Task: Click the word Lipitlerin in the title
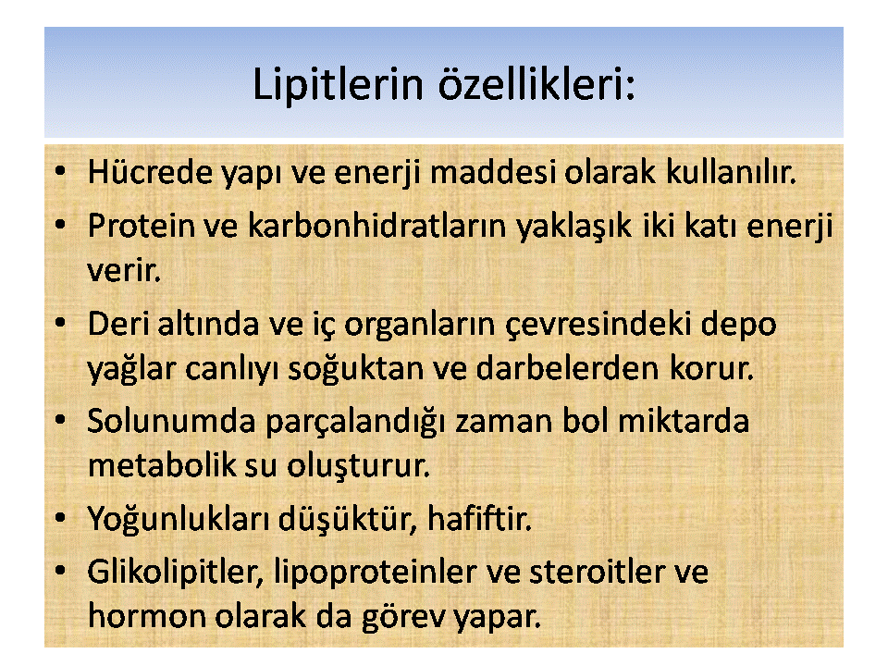pos(338,85)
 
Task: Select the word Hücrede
pos(150,172)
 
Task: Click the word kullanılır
pos(731,172)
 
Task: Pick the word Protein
pos(141,226)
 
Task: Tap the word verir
pos(124,270)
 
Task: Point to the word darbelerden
pos(568,368)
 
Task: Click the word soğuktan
pos(356,370)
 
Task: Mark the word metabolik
pos(162,465)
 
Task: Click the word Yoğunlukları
pos(179,520)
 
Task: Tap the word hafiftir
pos(479,518)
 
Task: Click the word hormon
pos(147,616)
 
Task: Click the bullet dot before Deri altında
pos(60,323)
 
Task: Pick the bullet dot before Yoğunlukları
pos(60,518)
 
